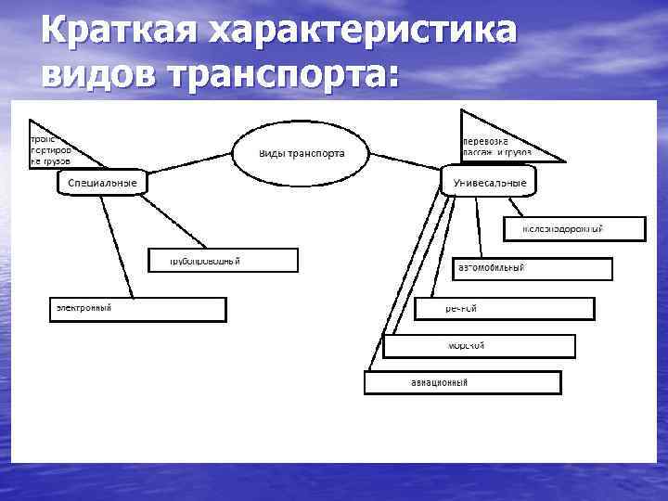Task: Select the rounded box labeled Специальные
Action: (x=102, y=183)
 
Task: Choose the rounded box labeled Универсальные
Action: (x=488, y=183)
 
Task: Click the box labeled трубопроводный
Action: (x=224, y=260)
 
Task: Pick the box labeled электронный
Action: (x=136, y=309)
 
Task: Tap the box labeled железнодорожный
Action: (x=574, y=228)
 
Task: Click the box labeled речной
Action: (x=504, y=308)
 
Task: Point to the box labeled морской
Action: (x=479, y=346)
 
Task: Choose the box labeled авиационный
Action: (x=462, y=382)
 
